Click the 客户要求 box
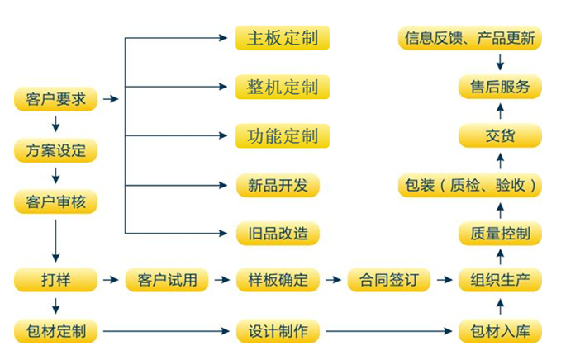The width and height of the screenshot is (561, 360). pos(55,101)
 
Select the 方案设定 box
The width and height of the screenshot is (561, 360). pos(55,151)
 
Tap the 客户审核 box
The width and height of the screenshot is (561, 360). pos(55,201)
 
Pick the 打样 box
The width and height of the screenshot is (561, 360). pos(55,280)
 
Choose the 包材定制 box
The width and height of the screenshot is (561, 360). pos(55,332)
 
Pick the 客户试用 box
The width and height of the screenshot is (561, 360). pos(166,280)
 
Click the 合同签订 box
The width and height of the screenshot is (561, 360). pos(388,280)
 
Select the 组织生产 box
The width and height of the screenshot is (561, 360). pos(500,280)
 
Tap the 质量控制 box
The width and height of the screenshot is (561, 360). pos(500,234)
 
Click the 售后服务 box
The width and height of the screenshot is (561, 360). pos(500,87)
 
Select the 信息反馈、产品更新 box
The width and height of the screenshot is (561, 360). pos(469,38)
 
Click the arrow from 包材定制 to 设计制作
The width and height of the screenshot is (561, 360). pos(165,332)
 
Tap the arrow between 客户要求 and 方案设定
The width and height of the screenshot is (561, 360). pos(55,126)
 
